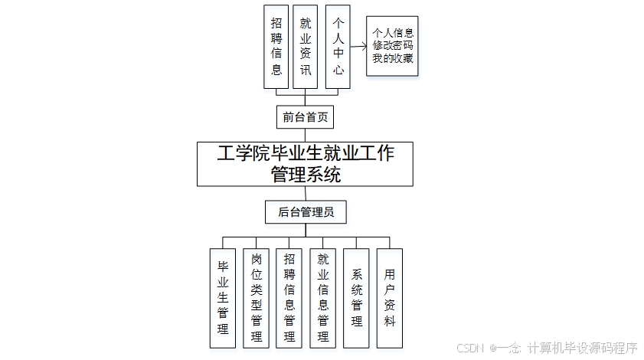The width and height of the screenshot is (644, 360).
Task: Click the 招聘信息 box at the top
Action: pos(276,47)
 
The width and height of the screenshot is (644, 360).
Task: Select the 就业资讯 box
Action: pos(305,47)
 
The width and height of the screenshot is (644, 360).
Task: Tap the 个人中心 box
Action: pos(338,47)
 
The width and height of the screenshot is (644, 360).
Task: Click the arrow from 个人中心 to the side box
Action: pos(357,46)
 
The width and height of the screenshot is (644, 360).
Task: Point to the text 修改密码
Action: pos(393,46)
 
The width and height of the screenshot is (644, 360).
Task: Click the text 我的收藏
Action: pos(393,58)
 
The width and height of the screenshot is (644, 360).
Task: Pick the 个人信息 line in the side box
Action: pos(393,34)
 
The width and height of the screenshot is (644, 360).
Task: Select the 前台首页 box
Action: pos(305,117)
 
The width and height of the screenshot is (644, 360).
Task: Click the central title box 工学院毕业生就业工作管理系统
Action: pos(305,163)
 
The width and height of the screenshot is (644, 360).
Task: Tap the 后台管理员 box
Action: pos(305,212)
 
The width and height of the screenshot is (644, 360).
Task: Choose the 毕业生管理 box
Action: pos(223,298)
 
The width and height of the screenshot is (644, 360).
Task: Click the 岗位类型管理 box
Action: pos(257,298)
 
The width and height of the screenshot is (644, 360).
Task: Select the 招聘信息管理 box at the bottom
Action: pos(289,298)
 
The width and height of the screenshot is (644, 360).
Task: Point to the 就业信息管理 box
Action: pos(323,298)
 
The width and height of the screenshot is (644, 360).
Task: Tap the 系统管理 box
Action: pos(357,298)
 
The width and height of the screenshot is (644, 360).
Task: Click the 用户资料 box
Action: pos(390,298)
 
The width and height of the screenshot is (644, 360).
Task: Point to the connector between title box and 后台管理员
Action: pos(305,194)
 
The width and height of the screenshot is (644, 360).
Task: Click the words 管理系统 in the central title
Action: pos(306,175)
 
